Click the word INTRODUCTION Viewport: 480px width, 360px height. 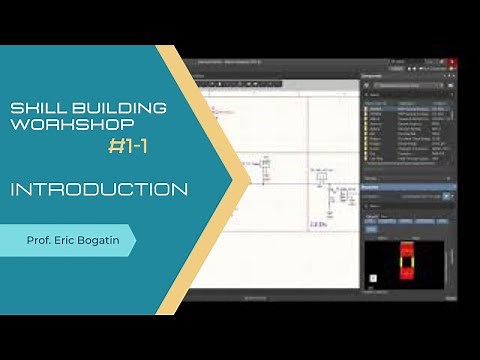click(99, 189)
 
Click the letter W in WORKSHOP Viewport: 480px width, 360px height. click(16, 126)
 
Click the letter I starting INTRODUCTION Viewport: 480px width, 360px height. click(14, 189)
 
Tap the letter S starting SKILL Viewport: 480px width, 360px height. click(13, 107)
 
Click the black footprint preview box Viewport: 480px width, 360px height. click(406, 266)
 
